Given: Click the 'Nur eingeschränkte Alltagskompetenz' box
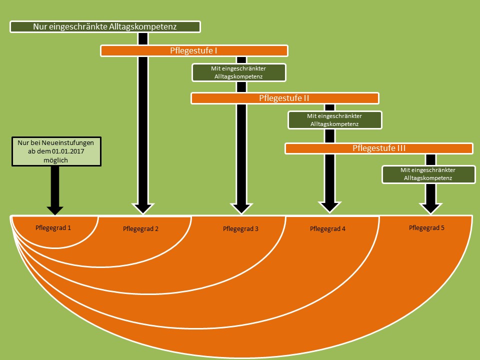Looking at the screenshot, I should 105,26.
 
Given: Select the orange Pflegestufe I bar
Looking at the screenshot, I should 194,50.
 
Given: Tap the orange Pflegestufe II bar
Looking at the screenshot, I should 284,98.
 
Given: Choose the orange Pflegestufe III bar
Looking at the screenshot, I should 378,148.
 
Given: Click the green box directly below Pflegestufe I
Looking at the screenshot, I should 239,72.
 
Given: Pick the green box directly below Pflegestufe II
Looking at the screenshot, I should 334,119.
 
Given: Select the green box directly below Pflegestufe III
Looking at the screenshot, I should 428,174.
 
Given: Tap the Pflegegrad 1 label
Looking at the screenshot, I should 53,227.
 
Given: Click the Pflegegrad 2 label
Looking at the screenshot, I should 140,229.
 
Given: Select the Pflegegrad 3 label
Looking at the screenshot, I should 241,229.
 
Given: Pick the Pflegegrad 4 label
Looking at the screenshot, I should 328,229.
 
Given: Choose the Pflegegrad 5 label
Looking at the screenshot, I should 426,227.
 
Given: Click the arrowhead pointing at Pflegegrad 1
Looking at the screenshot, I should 54,209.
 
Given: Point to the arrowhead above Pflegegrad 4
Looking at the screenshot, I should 329,206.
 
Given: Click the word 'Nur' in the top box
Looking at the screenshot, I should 40,26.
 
